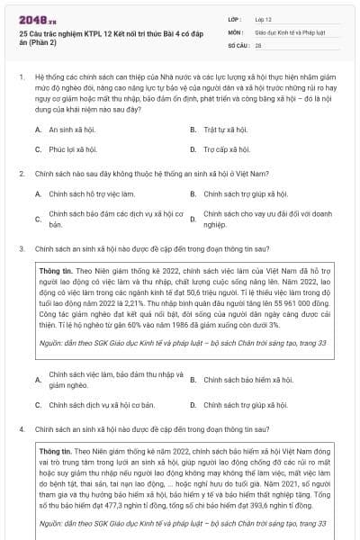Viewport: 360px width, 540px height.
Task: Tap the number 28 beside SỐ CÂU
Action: coord(258,44)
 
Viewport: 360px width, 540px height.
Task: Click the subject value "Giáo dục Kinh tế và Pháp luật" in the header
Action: coord(286,31)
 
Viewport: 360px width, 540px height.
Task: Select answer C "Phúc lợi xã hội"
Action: coord(73,149)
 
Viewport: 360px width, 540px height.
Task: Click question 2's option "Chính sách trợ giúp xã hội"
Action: coord(245,193)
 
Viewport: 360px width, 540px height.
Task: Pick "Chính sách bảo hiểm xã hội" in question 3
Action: coord(247,380)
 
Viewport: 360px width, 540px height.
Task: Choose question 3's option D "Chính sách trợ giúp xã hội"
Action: coord(245,405)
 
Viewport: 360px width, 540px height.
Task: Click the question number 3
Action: coord(20,246)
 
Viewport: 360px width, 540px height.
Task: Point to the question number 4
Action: coord(20,430)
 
